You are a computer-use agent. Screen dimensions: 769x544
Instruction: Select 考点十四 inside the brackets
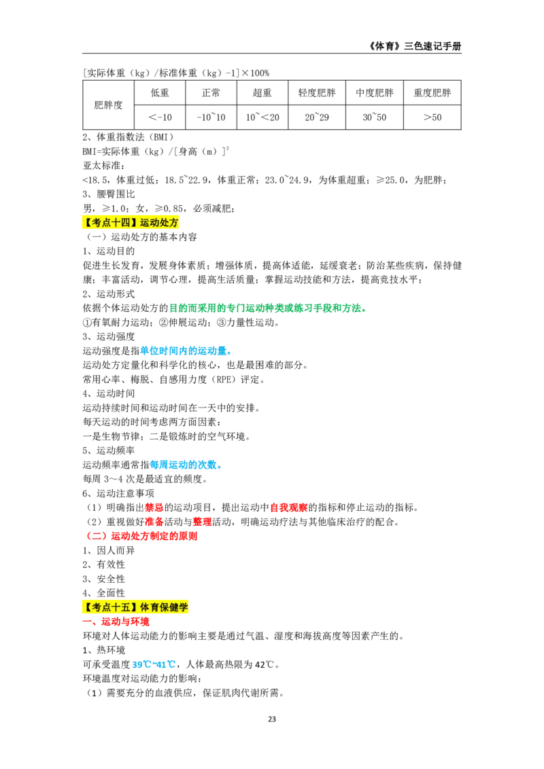[x=111, y=223]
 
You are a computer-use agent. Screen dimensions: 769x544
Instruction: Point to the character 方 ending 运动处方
[x=174, y=223]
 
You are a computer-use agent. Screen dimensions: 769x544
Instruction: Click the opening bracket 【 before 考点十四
[x=86, y=223]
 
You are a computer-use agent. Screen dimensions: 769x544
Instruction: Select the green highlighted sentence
[x=268, y=308]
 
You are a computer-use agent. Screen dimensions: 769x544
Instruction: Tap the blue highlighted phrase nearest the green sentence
[x=186, y=351]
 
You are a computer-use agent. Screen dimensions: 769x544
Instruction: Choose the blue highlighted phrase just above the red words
[x=185, y=465]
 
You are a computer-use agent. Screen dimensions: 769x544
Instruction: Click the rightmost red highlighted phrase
[x=288, y=507]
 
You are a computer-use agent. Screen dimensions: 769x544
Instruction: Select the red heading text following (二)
[x=154, y=536]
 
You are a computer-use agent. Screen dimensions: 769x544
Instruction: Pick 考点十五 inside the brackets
[x=111, y=607]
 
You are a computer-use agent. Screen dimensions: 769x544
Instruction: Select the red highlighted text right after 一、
[x=126, y=622]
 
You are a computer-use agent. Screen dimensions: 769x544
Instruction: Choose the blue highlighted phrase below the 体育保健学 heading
[x=154, y=664]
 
